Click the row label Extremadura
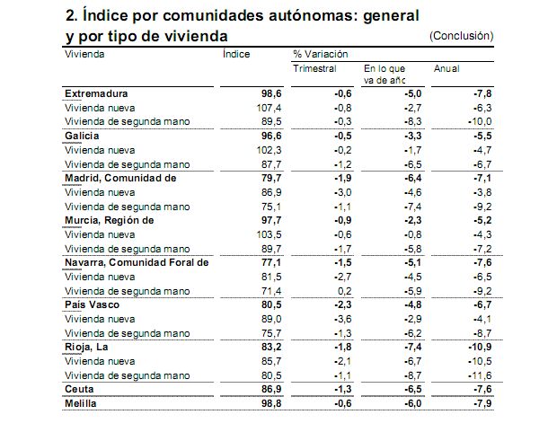point(96,93)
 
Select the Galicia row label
point(82,136)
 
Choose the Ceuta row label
point(80,389)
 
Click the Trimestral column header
point(314,68)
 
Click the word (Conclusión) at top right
point(462,35)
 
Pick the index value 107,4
point(269,108)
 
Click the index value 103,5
point(269,234)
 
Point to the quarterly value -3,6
point(341,319)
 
